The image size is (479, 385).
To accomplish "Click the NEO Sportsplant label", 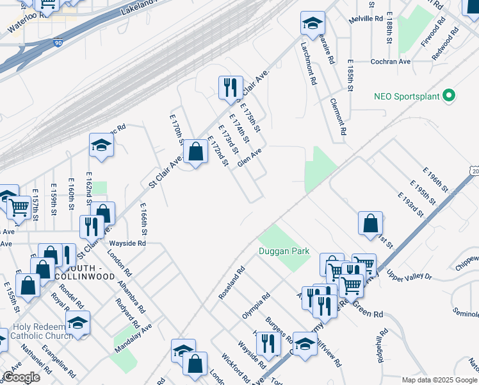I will [x=407, y=97].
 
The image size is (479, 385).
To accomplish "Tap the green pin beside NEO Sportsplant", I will [x=449, y=97].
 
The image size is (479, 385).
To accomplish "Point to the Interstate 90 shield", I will [x=58, y=43].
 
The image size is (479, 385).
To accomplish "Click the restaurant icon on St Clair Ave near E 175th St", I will [x=230, y=87].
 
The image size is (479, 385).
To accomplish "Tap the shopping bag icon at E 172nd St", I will [x=195, y=153].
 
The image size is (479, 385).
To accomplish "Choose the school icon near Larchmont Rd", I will [x=312, y=24].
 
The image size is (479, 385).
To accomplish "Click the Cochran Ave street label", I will [x=391, y=62].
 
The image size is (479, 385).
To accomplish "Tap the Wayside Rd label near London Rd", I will [x=127, y=244].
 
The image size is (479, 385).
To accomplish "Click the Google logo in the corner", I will [x=21, y=377].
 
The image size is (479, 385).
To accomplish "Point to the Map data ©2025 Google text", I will [x=439, y=380].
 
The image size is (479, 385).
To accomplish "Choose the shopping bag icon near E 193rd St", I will [x=370, y=223].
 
